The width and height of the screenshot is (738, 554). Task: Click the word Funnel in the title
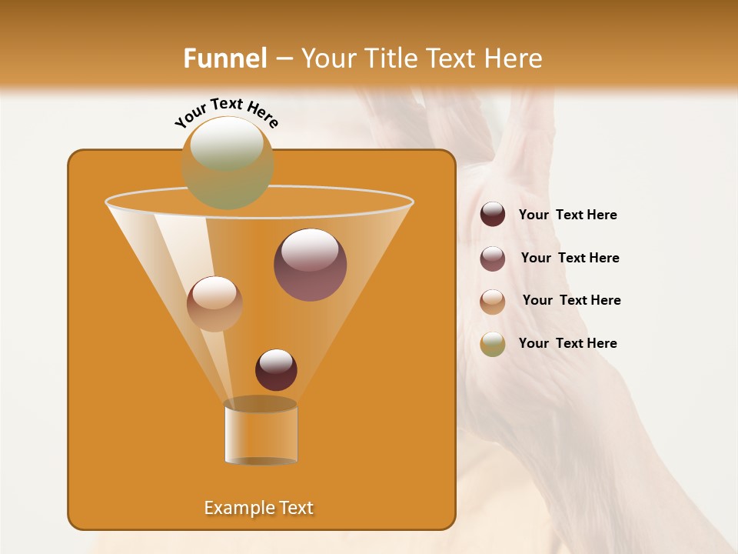pos(225,58)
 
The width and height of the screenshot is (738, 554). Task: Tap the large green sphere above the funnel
pos(228,162)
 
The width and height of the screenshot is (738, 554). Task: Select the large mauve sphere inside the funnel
pos(310,265)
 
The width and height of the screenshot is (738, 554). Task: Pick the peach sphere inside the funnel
pos(214,304)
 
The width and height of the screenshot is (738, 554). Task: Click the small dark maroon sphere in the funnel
pos(276,369)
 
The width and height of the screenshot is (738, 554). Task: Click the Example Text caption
pos(258,508)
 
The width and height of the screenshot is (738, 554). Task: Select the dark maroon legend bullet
pos(493,215)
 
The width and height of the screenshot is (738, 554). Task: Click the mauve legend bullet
pos(493,259)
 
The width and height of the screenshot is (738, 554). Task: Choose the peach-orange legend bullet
pos(493,302)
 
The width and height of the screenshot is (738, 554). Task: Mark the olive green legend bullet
pos(493,344)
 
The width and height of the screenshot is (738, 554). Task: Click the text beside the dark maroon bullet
pos(567,215)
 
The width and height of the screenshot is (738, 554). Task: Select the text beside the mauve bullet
pos(570,259)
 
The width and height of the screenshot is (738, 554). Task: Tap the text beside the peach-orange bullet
pos(571,301)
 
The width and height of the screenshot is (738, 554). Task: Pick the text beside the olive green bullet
pos(567,344)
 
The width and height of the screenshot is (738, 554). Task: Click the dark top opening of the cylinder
pos(261,404)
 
